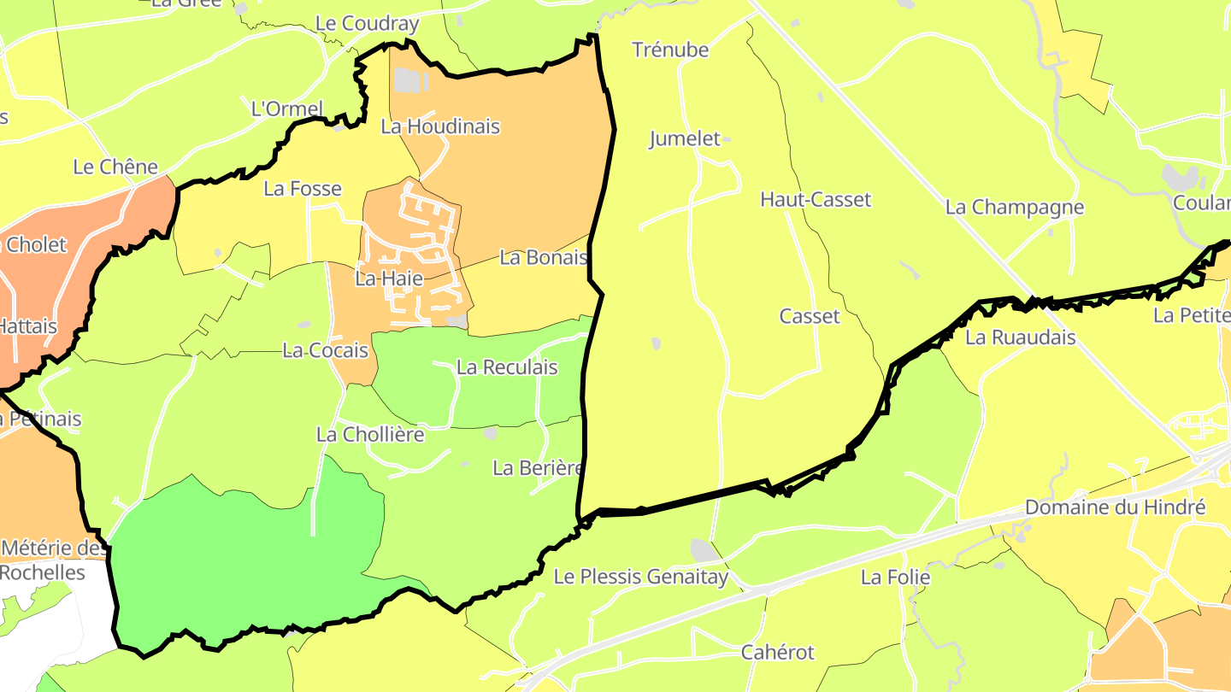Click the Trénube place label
click(x=670, y=50)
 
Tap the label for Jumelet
click(x=685, y=138)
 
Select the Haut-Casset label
click(x=816, y=200)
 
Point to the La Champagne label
click(x=1014, y=208)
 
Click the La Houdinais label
click(x=440, y=126)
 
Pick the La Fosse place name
click(x=303, y=189)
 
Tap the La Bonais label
click(x=544, y=257)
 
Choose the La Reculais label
click(x=507, y=367)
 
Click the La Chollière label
click(x=370, y=434)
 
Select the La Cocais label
click(x=325, y=350)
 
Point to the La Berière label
click(x=538, y=468)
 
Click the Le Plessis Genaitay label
click(x=641, y=577)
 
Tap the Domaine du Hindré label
click(x=1115, y=507)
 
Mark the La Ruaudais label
click(x=1021, y=337)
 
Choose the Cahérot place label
click(x=778, y=653)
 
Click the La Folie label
click(x=895, y=578)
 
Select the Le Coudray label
click(x=367, y=24)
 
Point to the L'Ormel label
click(x=287, y=109)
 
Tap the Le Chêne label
click(x=115, y=167)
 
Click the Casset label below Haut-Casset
click(x=810, y=317)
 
